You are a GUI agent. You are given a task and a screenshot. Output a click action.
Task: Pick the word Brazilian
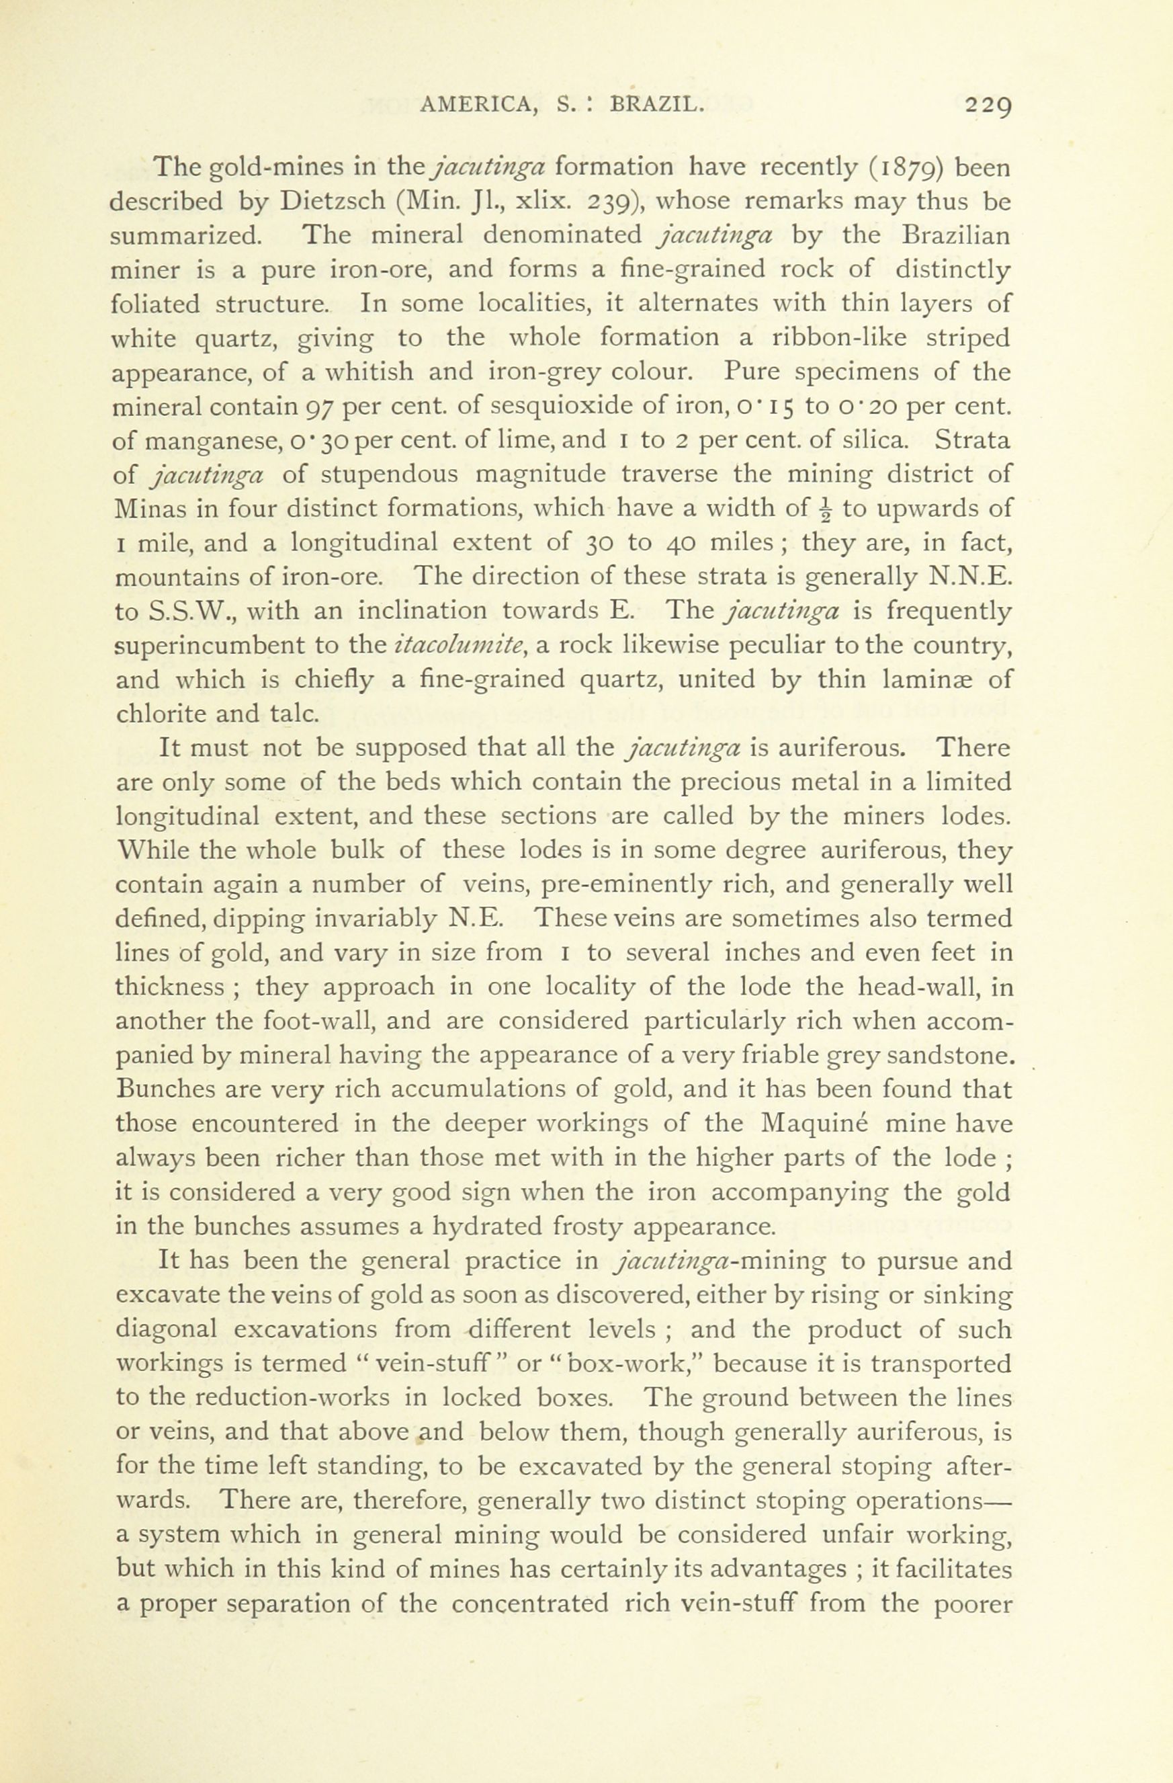956,236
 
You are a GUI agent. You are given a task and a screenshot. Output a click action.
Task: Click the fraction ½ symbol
826,510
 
